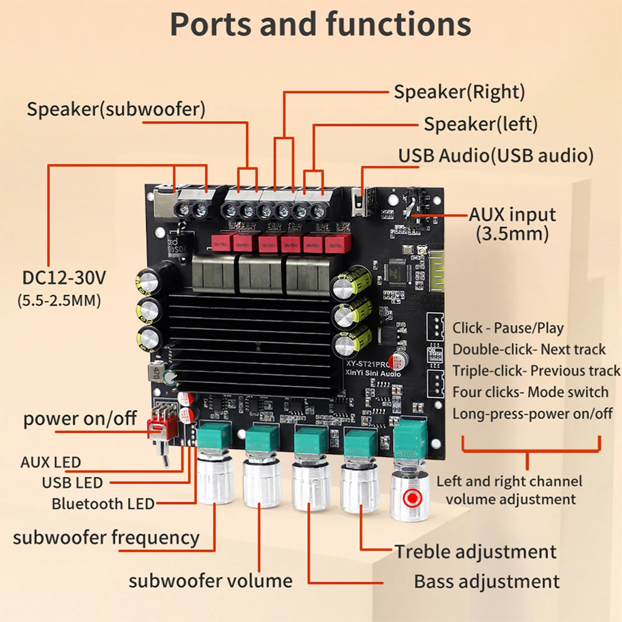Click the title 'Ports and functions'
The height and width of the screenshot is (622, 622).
320,25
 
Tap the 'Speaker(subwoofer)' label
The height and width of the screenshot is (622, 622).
116,109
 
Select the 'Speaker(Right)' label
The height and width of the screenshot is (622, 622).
459,92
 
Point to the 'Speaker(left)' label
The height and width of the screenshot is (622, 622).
480,124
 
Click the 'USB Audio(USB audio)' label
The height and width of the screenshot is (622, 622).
496,155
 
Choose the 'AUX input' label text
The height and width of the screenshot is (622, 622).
512,215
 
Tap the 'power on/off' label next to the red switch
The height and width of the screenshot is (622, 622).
80,419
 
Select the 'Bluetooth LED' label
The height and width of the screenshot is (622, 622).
103,503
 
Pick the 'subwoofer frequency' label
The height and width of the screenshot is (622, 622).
106,537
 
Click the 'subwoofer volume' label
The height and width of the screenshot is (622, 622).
210,581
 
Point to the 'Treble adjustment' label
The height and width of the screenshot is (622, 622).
476,551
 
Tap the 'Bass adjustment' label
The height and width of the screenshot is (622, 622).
487,582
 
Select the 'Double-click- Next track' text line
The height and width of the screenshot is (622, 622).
529,350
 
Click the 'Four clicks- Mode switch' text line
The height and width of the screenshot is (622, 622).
530,392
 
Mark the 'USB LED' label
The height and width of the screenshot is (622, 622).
72,482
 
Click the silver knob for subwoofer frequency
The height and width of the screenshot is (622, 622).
214,479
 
